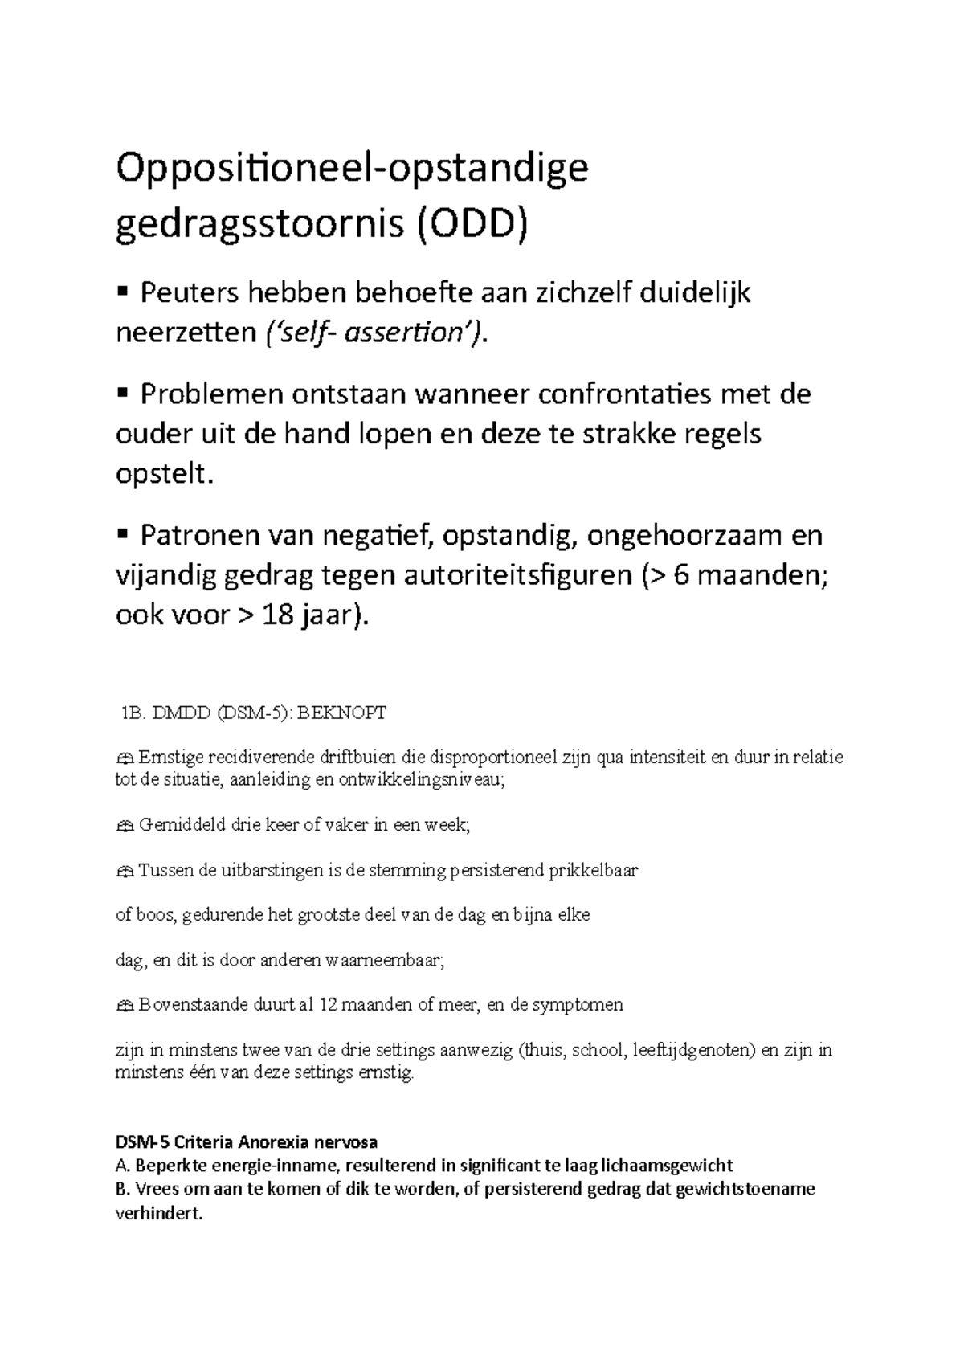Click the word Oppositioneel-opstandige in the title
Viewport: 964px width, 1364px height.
point(353,170)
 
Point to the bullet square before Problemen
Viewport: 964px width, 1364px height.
point(123,393)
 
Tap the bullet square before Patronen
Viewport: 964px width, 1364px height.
point(123,533)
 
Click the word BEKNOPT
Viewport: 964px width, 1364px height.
point(342,713)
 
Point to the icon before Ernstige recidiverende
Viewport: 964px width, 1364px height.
point(124,758)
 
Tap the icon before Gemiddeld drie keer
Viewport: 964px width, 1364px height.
point(124,825)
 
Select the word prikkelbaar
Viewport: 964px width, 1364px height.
point(593,870)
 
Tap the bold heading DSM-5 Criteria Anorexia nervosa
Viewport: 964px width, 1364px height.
point(247,1141)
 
